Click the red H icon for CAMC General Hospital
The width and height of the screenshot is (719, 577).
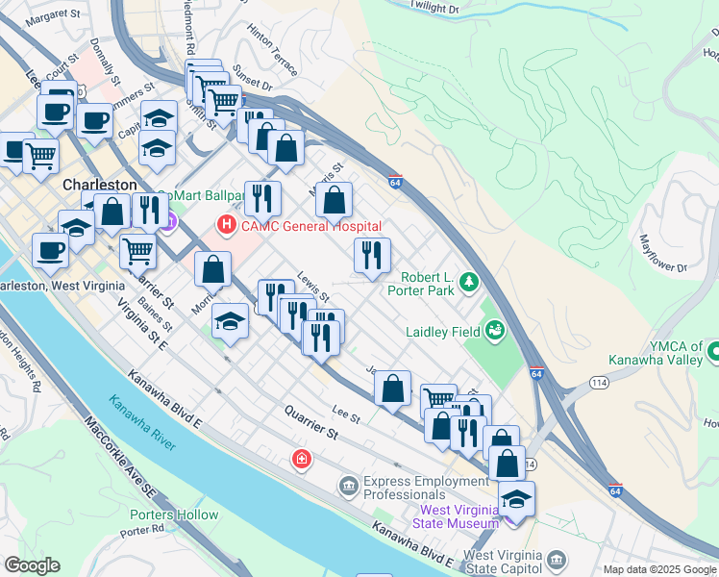click(x=227, y=226)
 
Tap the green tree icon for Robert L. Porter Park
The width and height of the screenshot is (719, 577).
click(x=468, y=282)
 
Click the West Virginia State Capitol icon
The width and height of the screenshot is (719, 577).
click(x=556, y=560)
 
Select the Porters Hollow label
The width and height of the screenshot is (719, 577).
click(x=174, y=514)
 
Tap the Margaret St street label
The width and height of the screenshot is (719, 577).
click(x=54, y=15)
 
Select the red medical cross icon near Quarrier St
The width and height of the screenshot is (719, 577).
click(x=303, y=460)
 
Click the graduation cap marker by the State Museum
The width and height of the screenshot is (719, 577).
click(x=516, y=499)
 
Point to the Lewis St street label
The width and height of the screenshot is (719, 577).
click(x=313, y=285)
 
